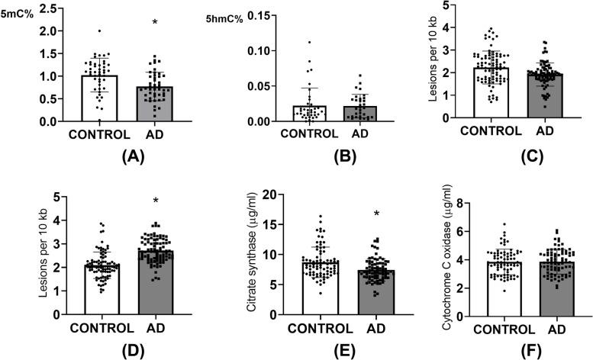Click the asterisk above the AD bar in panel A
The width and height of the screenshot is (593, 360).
155,23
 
